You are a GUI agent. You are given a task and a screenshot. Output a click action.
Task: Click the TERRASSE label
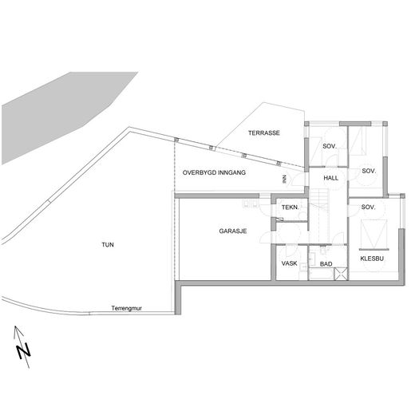pyautogui.click(x=264, y=132)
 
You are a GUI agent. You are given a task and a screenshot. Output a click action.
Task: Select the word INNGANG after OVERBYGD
pyautogui.click(x=231, y=172)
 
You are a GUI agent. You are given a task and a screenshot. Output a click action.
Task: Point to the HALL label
pyautogui.click(x=331, y=178)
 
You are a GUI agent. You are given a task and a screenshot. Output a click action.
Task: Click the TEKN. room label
pyautogui.click(x=290, y=207)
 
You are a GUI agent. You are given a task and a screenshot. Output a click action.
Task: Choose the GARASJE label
pyautogui.click(x=233, y=231)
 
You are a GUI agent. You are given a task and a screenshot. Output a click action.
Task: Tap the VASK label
pyautogui.click(x=290, y=263)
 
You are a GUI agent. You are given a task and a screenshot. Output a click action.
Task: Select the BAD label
pyautogui.click(x=326, y=264)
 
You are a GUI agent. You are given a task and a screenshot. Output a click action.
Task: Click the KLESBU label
pyautogui.click(x=372, y=259)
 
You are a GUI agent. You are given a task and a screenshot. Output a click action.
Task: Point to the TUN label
pyautogui.click(x=108, y=244)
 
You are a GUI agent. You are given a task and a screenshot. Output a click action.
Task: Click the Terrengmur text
pyautogui.click(x=126, y=308)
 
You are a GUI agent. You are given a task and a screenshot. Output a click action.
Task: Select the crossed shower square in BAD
pyautogui.click(x=341, y=275)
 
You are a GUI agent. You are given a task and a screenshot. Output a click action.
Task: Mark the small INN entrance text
pyautogui.click(x=284, y=180)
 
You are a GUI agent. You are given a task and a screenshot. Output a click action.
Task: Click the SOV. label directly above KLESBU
pyautogui.click(x=369, y=207)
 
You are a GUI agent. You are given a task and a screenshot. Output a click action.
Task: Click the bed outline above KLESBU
pyautogui.click(x=373, y=234)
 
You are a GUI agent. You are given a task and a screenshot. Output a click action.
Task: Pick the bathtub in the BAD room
pyautogui.click(x=322, y=275)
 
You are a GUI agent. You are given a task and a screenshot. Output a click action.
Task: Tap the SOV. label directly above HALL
pyautogui.click(x=330, y=146)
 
